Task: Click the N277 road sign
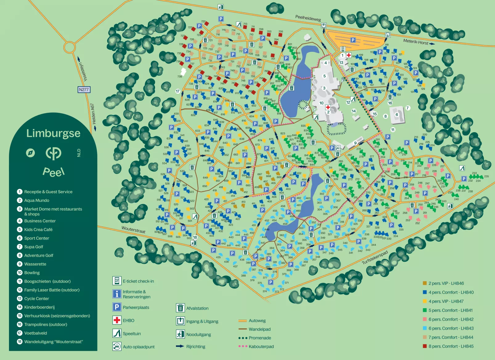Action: (84, 90)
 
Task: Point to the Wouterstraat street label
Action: (133, 230)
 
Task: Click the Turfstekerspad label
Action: (374, 258)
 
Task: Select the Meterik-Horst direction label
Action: (416, 42)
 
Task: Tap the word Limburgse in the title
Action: (53, 133)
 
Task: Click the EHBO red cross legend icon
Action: (117, 320)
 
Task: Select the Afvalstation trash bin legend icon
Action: (180, 308)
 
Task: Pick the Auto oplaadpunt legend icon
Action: (117, 346)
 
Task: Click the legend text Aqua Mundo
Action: (37, 200)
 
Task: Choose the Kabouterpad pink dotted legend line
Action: (243, 346)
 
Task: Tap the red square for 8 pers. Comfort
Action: (425, 346)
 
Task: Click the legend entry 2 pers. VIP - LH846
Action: (446, 283)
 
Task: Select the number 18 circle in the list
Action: (20, 342)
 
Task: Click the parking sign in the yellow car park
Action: (353, 40)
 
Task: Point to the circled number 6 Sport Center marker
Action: (397, 115)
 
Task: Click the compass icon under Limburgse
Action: (30, 153)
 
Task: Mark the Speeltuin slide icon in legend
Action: (117, 333)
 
